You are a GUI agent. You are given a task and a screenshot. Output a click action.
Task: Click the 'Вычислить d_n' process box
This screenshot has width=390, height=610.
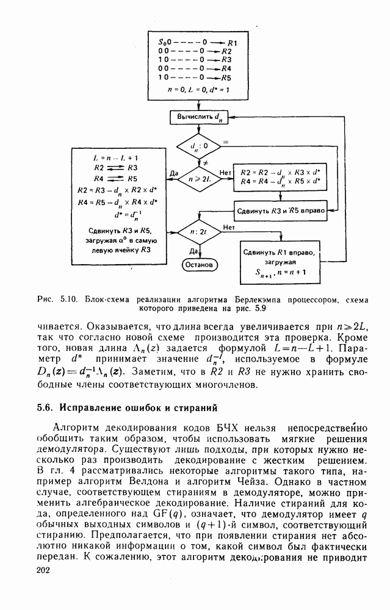pyautogui.click(x=198, y=116)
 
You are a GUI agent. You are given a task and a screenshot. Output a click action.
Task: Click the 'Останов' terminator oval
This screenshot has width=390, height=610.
pyautogui.click(x=199, y=265)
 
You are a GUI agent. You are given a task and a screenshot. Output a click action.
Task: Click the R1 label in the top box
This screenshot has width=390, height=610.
pyautogui.click(x=233, y=42)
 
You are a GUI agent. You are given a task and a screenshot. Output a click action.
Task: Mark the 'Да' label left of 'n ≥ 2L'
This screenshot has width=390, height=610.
pyautogui.click(x=173, y=174)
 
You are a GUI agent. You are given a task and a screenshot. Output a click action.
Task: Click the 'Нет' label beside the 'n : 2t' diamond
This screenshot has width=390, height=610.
pyautogui.click(x=229, y=227)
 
